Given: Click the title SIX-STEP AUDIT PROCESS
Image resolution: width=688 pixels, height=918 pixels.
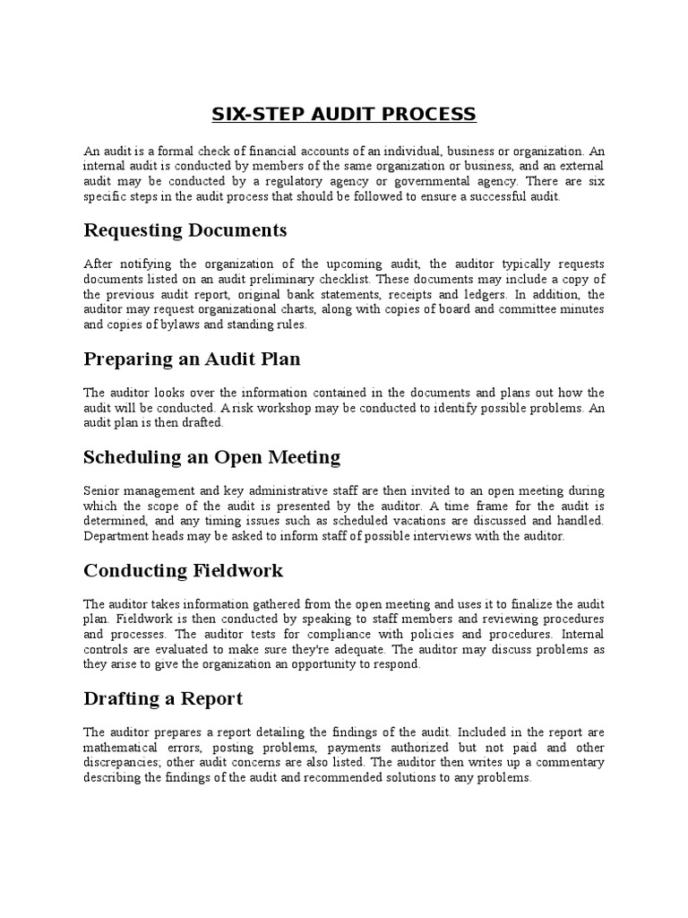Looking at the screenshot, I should click(x=344, y=115).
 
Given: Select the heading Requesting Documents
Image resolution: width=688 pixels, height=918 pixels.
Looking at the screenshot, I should click(x=185, y=230).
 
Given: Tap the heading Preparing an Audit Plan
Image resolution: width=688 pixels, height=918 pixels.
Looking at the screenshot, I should click(x=192, y=359).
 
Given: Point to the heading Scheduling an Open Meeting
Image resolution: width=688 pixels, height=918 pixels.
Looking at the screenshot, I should click(x=211, y=457).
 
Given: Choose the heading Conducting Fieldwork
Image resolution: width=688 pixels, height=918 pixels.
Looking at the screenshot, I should click(x=183, y=571).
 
